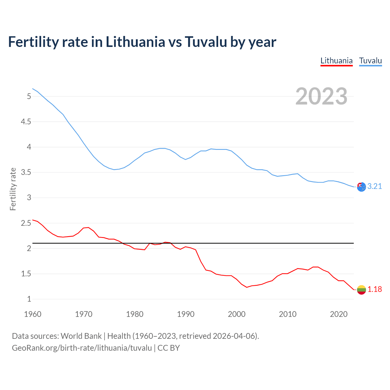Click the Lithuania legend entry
[336, 61]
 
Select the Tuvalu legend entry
[370, 61]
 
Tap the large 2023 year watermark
[321, 96]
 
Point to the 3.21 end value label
[374, 186]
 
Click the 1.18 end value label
[374, 289]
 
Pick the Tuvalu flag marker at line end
[361, 187]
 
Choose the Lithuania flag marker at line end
[361, 290]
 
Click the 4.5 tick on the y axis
[26, 122]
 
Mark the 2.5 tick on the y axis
[26, 223]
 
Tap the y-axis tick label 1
[29, 299]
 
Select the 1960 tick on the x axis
[33, 314]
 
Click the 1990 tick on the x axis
[186, 314]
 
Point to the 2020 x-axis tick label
[339, 314]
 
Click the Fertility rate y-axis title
[13, 189]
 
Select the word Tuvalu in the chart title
[206, 42]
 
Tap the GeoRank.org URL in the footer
[82, 348]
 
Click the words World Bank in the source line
[81, 336]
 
